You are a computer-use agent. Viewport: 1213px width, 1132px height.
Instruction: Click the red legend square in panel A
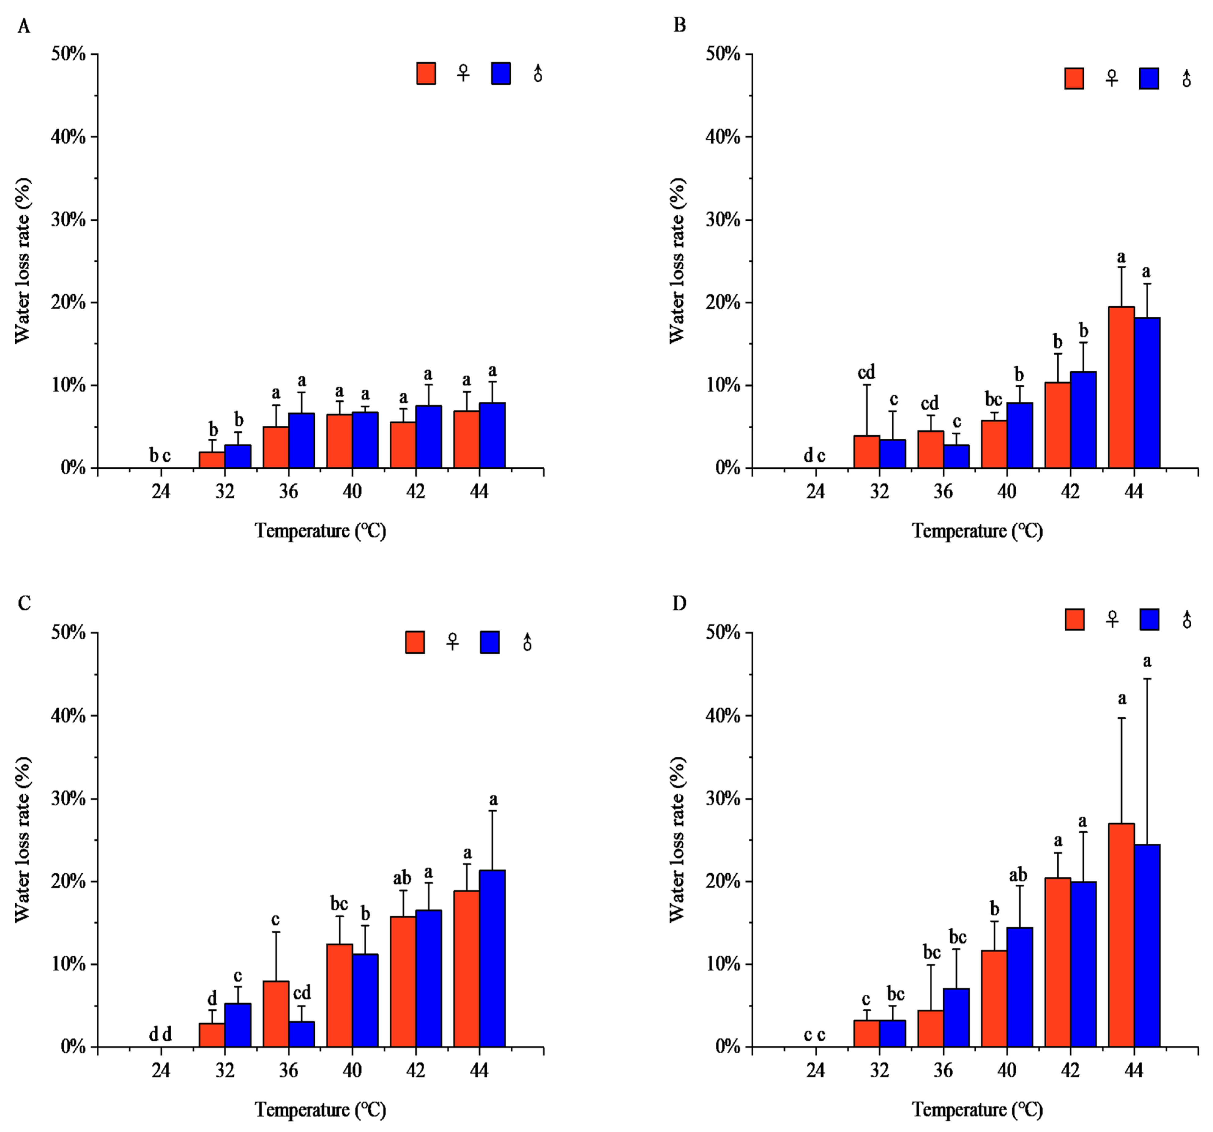[x=426, y=73]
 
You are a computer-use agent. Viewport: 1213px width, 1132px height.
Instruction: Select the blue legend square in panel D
[x=1150, y=619]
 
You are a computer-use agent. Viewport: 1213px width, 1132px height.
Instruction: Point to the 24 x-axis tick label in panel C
[x=161, y=1071]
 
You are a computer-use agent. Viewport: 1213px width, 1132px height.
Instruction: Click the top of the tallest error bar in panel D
[x=1147, y=679]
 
